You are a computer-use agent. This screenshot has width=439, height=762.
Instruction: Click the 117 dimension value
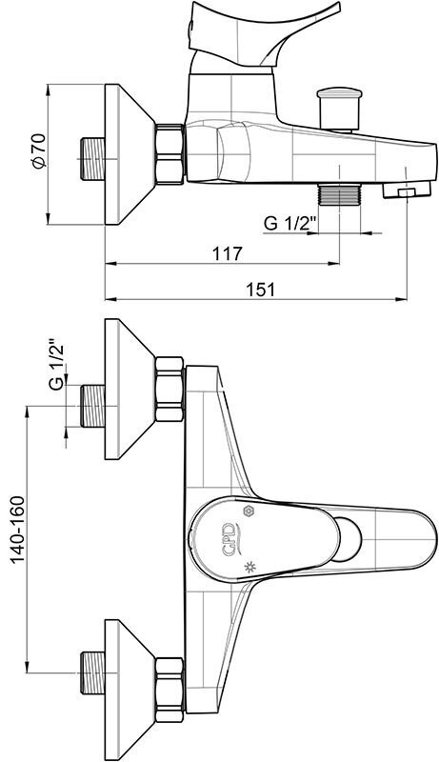(228, 253)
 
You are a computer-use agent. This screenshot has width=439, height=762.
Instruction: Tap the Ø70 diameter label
(38, 150)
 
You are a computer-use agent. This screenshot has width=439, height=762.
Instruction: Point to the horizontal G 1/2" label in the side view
(289, 223)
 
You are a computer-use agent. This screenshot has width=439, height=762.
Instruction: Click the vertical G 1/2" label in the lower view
(57, 367)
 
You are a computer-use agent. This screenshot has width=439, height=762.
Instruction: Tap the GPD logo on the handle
(230, 538)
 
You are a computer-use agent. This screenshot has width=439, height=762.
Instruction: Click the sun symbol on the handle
(250, 567)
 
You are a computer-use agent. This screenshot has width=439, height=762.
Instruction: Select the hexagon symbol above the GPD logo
(249, 511)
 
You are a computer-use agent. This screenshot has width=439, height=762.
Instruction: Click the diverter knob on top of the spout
(339, 109)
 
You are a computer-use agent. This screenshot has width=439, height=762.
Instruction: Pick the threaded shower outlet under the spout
(339, 195)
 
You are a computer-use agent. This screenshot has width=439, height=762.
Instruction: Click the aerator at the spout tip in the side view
(407, 190)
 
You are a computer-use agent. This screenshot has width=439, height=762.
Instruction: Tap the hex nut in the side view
(170, 154)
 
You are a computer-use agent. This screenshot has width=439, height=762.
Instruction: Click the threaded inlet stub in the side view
(92, 158)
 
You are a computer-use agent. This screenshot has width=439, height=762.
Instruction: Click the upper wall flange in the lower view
(130, 389)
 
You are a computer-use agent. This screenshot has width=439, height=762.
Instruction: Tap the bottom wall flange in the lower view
(130, 689)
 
